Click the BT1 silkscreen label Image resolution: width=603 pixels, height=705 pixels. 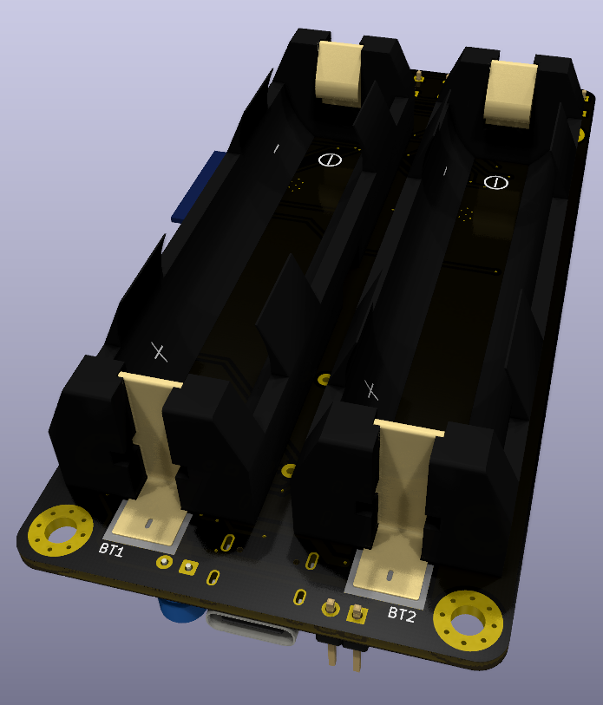pyautogui.click(x=111, y=549)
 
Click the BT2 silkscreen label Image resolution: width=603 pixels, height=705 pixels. pyautogui.click(x=402, y=615)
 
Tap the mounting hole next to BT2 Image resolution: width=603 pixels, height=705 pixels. pyautogui.click(x=468, y=620)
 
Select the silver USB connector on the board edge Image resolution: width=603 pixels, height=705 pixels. pyautogui.click(x=252, y=630)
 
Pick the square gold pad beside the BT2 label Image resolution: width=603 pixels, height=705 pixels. pyautogui.click(x=354, y=614)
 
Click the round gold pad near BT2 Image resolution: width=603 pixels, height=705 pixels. pyautogui.click(x=330, y=609)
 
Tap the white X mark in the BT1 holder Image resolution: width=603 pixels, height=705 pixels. pyautogui.click(x=159, y=351)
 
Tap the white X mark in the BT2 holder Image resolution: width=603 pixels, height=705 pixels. pyautogui.click(x=372, y=389)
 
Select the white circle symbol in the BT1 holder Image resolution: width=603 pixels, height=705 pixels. pyautogui.click(x=330, y=160)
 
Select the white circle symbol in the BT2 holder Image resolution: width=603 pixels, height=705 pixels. pyautogui.click(x=495, y=182)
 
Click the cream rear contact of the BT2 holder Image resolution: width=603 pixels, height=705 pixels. pyautogui.click(x=511, y=92)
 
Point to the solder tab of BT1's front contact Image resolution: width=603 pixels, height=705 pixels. pyautogui.click(x=147, y=525)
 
